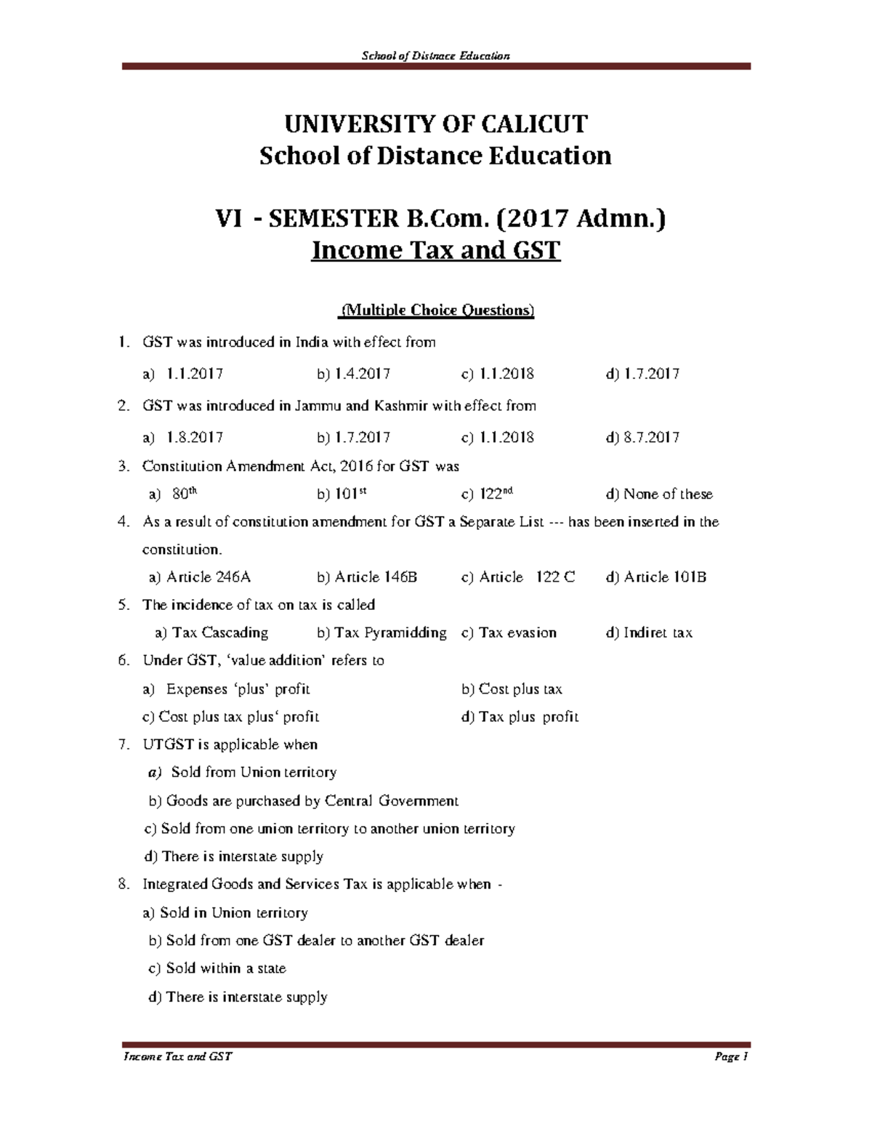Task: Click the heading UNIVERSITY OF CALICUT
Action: tap(435, 124)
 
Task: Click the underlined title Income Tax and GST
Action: tap(435, 250)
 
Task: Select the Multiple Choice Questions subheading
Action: tap(437, 311)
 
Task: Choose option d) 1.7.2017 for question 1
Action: tap(642, 374)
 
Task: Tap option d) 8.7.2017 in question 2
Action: tap(642, 438)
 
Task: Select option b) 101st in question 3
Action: tap(342, 494)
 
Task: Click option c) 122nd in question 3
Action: tap(488, 494)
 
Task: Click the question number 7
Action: tap(123, 745)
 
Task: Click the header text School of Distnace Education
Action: tap(436, 56)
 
